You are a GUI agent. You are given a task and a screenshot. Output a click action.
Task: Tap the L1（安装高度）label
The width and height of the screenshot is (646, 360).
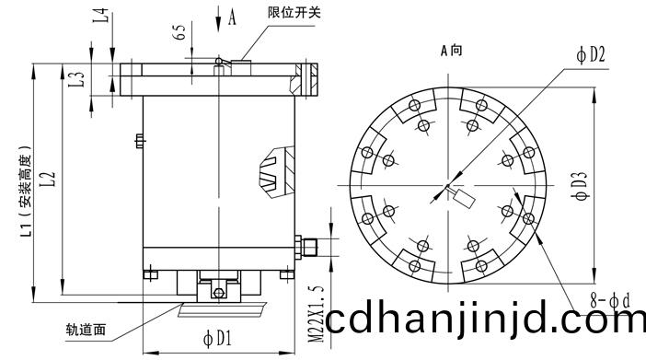[x=26, y=191]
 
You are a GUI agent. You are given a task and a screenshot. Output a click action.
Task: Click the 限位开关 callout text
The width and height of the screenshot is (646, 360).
[x=294, y=12]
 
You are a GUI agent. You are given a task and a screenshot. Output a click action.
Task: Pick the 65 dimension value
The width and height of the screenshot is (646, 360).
[x=179, y=32]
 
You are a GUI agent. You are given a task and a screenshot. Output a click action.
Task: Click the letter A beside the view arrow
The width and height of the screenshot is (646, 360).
[x=232, y=17]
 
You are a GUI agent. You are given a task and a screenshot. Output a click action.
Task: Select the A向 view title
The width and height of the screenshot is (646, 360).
[x=451, y=51]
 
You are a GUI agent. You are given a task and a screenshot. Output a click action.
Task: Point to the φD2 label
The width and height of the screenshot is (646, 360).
[x=591, y=55]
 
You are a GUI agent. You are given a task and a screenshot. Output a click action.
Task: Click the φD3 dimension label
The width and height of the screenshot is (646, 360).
[x=580, y=185]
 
